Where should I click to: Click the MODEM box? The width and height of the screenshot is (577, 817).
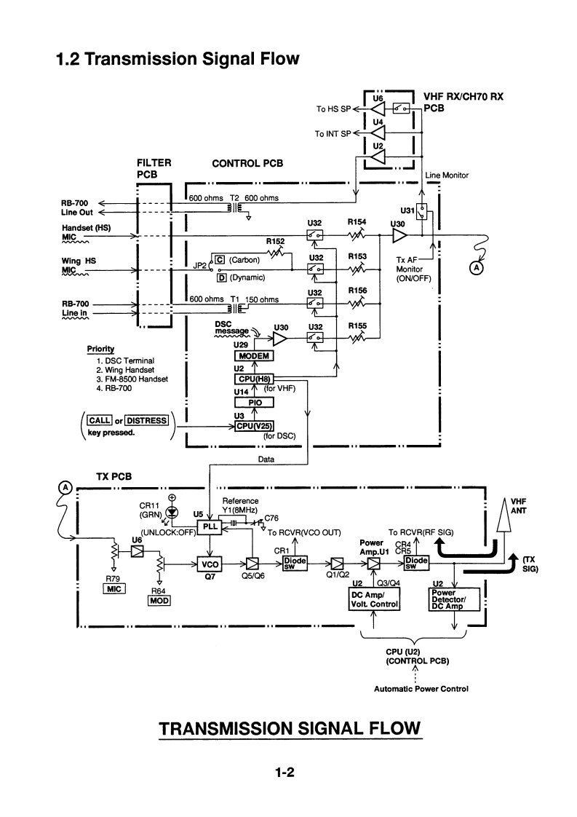[x=253, y=356]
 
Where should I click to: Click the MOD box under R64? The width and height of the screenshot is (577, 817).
[x=159, y=601]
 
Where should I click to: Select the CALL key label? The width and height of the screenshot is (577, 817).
[x=97, y=420]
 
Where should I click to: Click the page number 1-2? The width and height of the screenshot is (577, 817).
[x=288, y=771]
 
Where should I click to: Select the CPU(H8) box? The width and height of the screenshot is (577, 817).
[x=252, y=379]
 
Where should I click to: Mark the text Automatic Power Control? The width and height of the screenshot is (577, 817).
[x=421, y=688]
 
